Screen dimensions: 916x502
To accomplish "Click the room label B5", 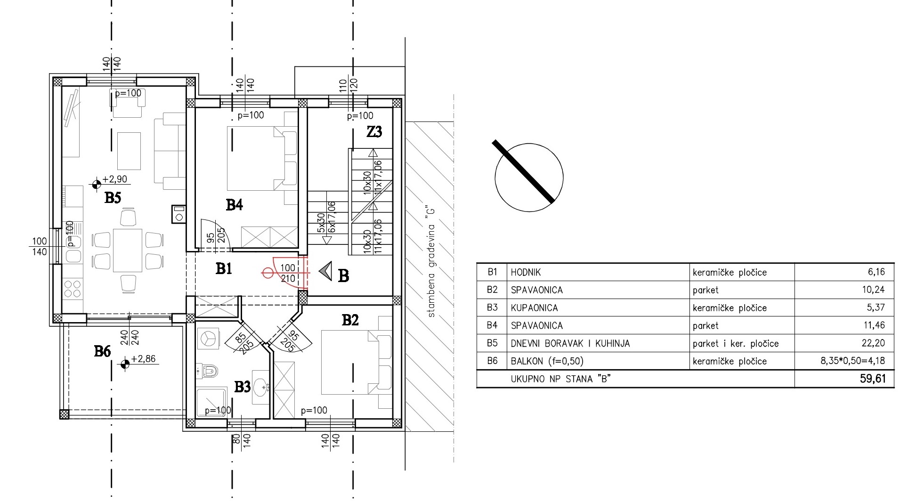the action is [x=113, y=198].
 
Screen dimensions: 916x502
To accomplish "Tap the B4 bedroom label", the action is [x=234, y=205].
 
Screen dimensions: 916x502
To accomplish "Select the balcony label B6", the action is [x=102, y=351].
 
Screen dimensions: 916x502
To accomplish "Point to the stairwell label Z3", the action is [x=374, y=132].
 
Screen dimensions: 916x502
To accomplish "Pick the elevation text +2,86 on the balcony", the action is [x=143, y=359].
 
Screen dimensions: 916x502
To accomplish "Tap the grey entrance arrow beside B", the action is [x=325, y=271].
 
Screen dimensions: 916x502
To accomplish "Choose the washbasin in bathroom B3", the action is [x=260, y=387].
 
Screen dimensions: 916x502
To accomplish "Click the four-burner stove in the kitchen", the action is [x=72, y=289].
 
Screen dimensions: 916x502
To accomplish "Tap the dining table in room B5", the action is [x=127, y=251].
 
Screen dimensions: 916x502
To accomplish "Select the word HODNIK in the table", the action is [x=526, y=272].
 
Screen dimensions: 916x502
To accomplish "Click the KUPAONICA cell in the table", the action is [x=535, y=308].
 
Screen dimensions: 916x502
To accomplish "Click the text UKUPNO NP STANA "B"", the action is [x=558, y=379].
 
